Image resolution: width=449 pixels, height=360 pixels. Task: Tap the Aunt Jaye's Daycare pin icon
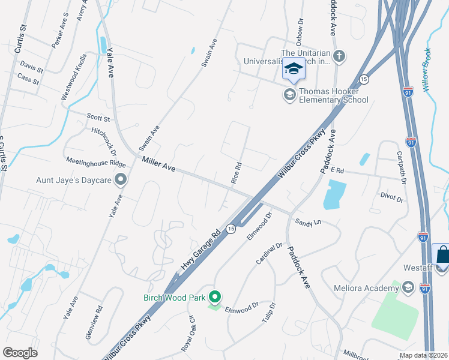[x=121, y=179]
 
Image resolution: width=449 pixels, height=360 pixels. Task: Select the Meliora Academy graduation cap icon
[x=409, y=289]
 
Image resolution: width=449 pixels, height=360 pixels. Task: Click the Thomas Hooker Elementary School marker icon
[x=290, y=94]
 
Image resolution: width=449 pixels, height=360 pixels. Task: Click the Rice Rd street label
[x=237, y=173]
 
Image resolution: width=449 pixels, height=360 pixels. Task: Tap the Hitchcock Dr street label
[x=104, y=139]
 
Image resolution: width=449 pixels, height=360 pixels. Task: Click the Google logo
[x=20, y=353]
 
